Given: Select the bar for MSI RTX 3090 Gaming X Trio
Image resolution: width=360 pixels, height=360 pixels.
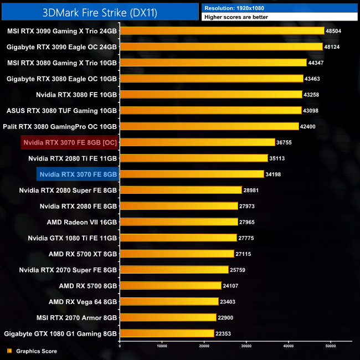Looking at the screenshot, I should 222,31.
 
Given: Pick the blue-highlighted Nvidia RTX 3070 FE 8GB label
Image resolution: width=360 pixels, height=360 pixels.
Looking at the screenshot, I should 78,174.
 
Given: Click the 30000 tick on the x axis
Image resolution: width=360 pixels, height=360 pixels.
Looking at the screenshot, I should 246,346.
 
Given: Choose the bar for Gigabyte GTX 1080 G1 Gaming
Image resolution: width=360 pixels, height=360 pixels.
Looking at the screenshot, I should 167,333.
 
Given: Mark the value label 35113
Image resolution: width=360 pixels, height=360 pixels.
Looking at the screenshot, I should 278,158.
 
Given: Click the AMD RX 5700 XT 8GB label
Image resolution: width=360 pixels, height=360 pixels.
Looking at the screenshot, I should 83,254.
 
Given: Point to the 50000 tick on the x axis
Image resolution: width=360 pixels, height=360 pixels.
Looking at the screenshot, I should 331,346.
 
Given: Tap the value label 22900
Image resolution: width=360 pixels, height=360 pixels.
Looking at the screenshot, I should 226,317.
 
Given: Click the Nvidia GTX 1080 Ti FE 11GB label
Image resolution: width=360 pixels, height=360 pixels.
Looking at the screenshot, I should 73,238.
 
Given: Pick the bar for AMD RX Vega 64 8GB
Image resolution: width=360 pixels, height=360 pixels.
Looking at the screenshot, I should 169,301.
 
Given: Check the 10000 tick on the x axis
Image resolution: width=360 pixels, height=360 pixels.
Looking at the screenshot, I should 162,346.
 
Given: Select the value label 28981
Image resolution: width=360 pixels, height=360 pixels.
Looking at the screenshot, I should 252,190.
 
